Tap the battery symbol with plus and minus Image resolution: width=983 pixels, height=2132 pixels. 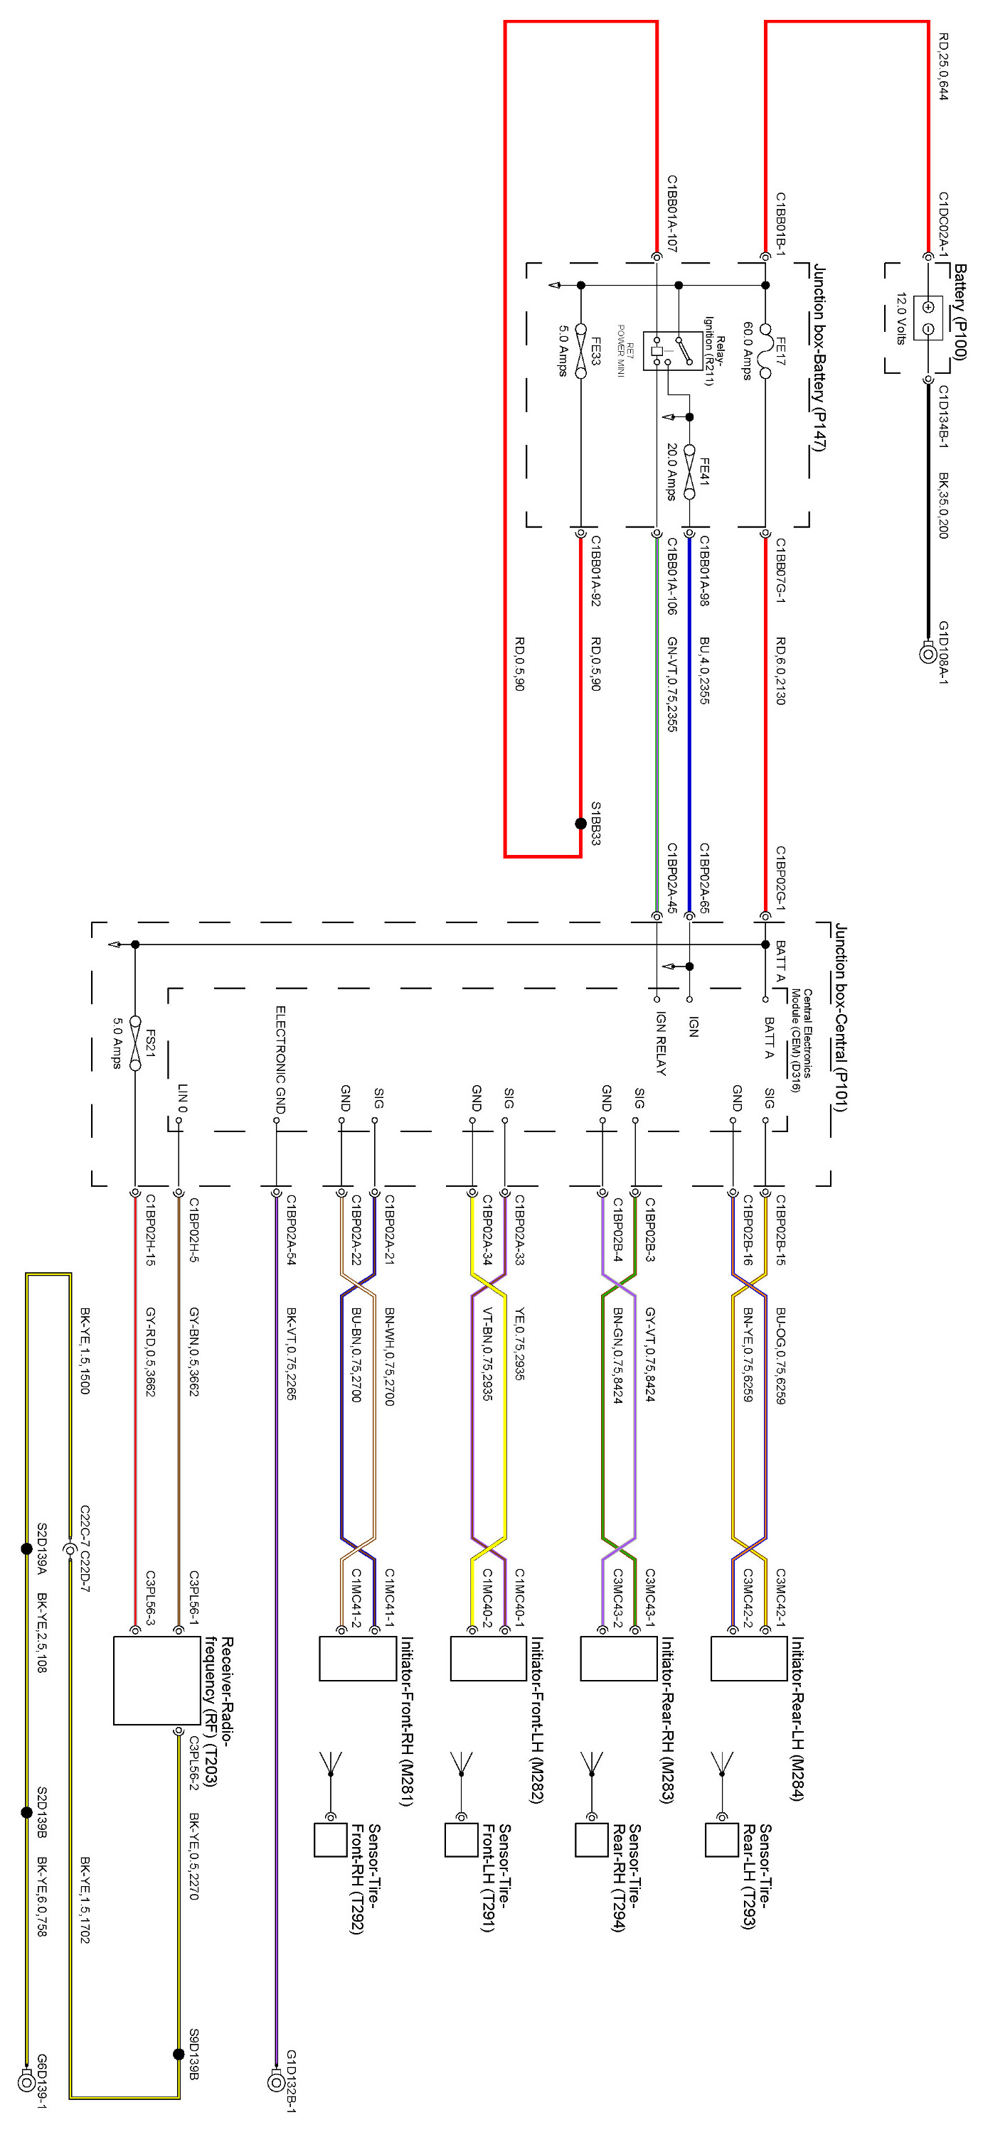pyautogui.click(x=928, y=318)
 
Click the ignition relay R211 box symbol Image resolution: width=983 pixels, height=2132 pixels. pyautogui.click(x=672, y=350)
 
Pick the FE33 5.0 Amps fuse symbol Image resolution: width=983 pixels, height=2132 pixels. pyautogui.click(x=580, y=351)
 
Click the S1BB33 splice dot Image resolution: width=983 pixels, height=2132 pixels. pyautogui.click(x=580, y=824)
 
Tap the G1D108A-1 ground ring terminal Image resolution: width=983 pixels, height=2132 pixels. pyautogui.click(x=928, y=654)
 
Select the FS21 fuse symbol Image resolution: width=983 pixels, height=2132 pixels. pyautogui.click(x=135, y=1044)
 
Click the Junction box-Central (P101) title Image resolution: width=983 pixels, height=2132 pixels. pyautogui.click(x=841, y=1017)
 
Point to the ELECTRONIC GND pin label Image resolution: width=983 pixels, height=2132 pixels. pyautogui.click(x=281, y=1060)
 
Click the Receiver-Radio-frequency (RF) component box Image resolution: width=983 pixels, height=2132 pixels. pyautogui.click(x=156, y=1680)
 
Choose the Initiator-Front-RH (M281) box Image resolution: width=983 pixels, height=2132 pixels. pyautogui.click(x=358, y=1659)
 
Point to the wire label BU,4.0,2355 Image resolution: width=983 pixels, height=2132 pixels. pyautogui.click(x=704, y=669)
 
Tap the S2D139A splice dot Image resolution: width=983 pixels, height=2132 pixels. pyautogui.click(x=26, y=1549)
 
